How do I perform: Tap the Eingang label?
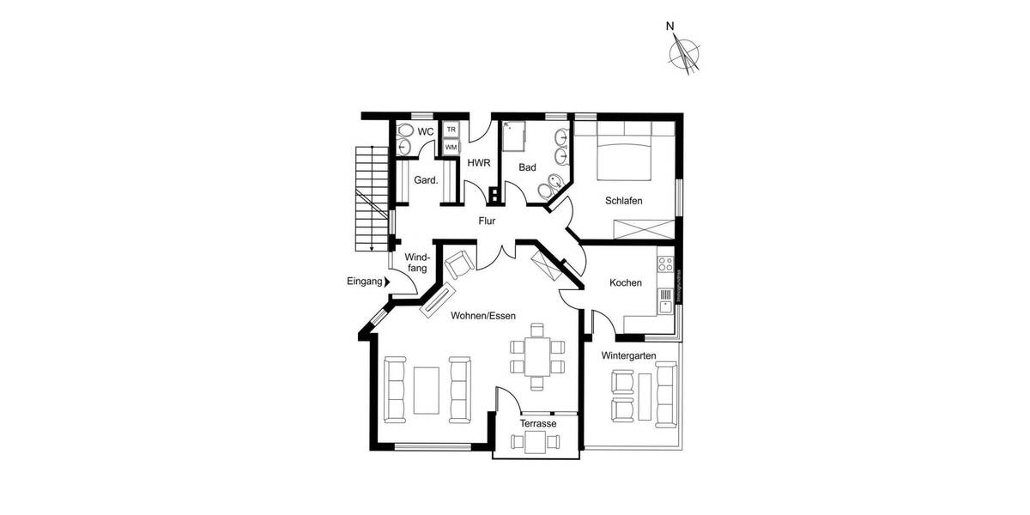pyautogui.click(x=363, y=282)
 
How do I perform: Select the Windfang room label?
pyautogui.click(x=416, y=263)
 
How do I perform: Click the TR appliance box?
pyautogui.click(x=451, y=130)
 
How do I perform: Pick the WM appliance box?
pyautogui.click(x=451, y=147)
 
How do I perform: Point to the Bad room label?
pyautogui.click(x=527, y=167)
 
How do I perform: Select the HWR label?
pyautogui.click(x=478, y=162)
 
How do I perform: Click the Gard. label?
pyautogui.click(x=426, y=180)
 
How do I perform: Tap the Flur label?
pyautogui.click(x=488, y=221)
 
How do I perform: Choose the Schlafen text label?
pyautogui.click(x=624, y=201)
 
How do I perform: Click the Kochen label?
pyautogui.click(x=626, y=282)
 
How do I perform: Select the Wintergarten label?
pyautogui.click(x=628, y=355)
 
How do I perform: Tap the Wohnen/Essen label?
pyautogui.click(x=483, y=316)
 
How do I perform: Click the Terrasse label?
pyautogui.click(x=538, y=424)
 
